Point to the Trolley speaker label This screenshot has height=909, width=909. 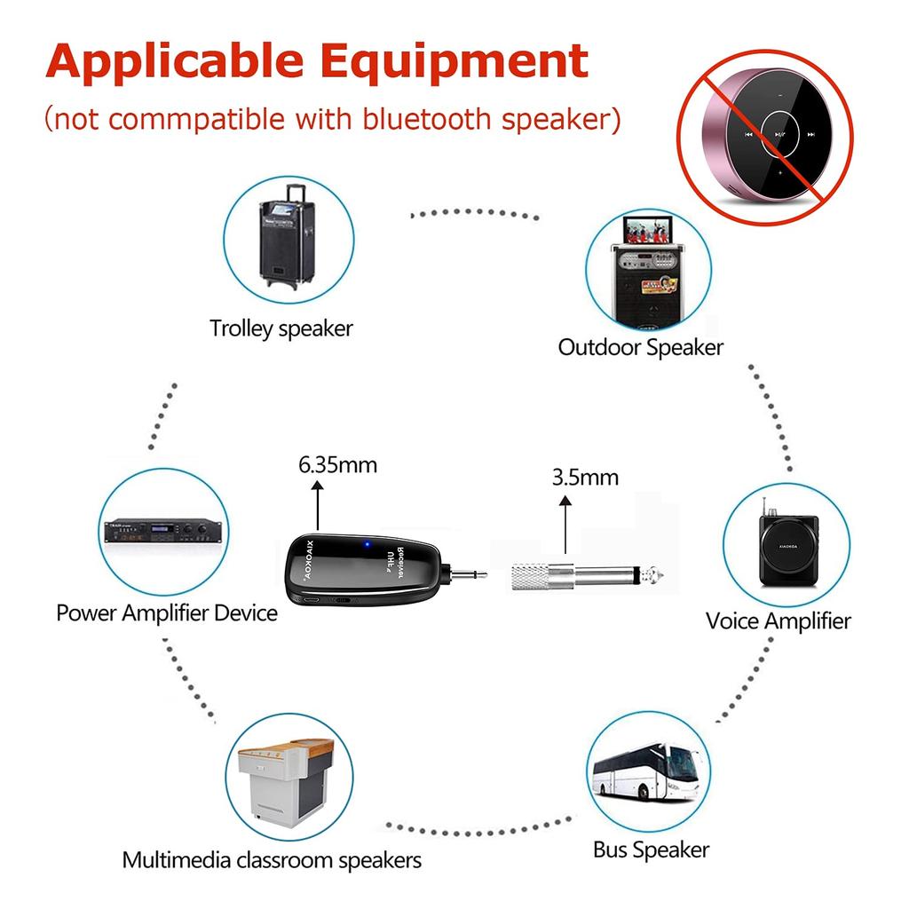click(x=281, y=328)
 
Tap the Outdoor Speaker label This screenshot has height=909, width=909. click(x=640, y=347)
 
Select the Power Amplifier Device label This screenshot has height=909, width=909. click(x=167, y=613)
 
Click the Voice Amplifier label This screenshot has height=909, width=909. click(x=778, y=620)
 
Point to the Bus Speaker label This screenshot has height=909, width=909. click(x=652, y=850)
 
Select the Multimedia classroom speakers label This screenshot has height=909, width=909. click(x=272, y=860)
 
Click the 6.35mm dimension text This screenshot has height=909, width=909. click(x=338, y=464)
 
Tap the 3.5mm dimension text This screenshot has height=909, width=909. click(x=585, y=477)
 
